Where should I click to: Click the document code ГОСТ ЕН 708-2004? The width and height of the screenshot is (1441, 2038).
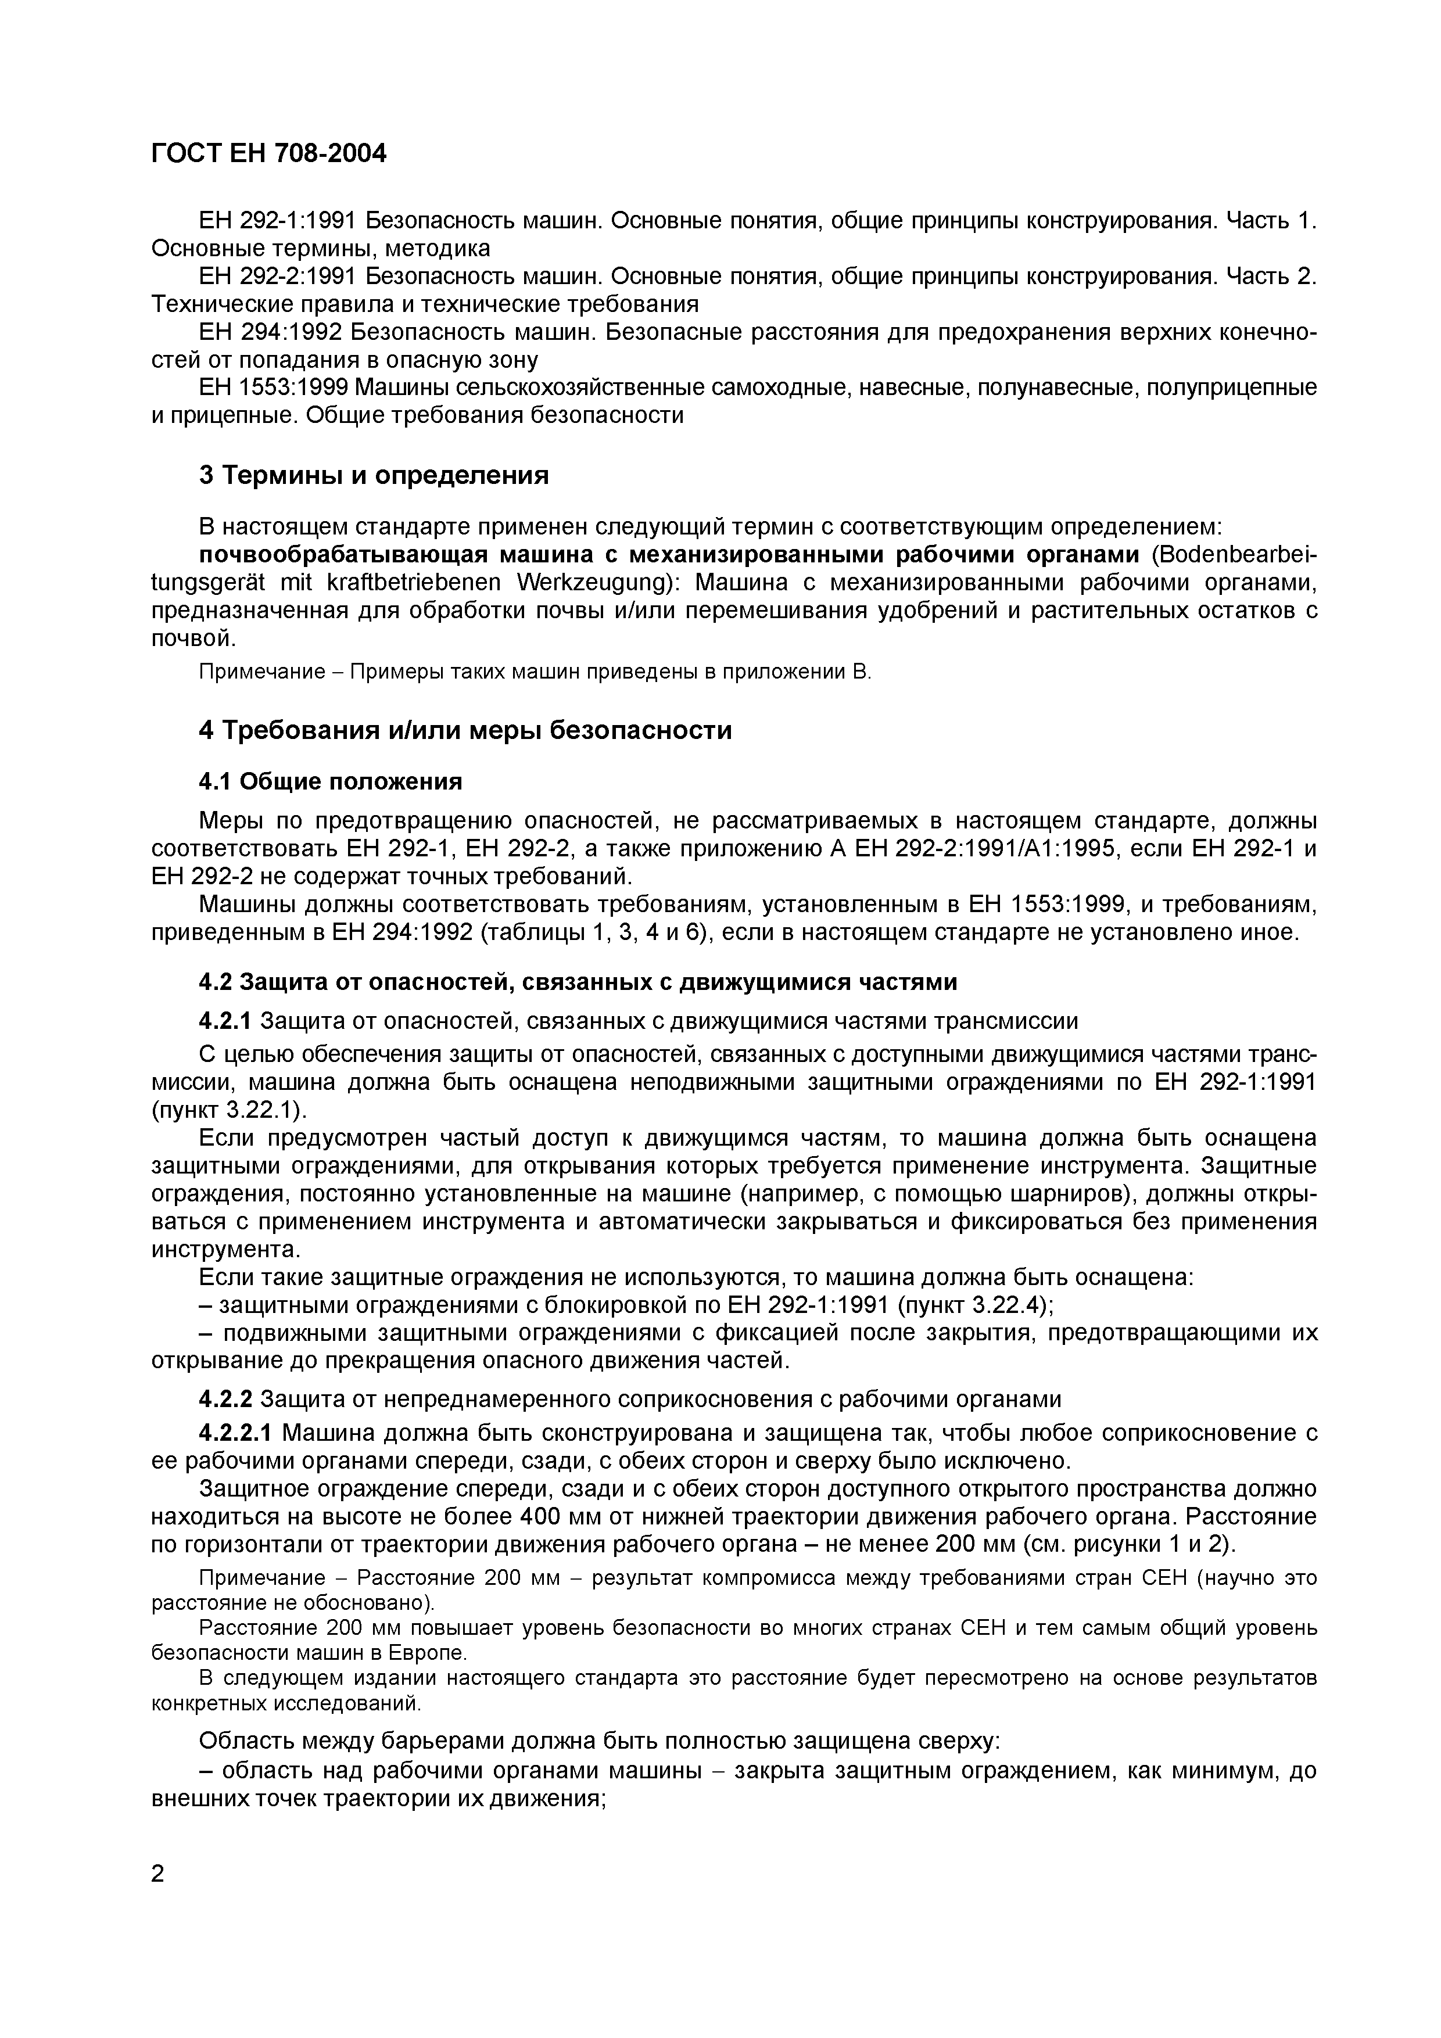(x=269, y=155)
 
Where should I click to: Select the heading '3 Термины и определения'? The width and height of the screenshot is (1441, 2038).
(x=374, y=476)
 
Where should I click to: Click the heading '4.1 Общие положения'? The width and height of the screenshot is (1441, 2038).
(x=330, y=782)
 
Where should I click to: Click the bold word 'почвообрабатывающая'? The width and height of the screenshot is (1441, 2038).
(x=342, y=555)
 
